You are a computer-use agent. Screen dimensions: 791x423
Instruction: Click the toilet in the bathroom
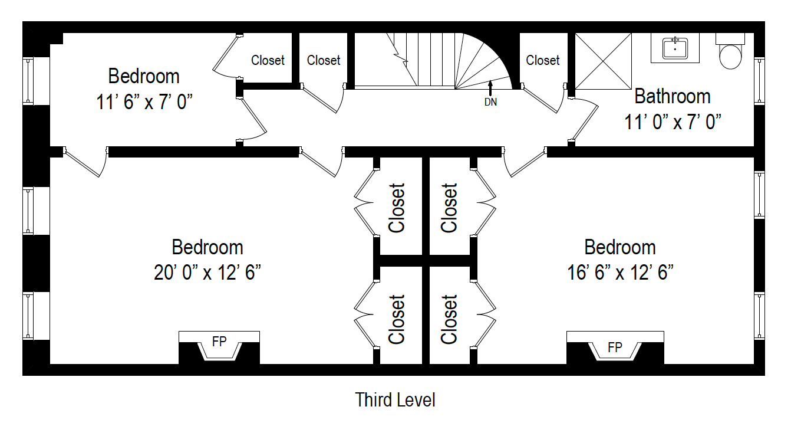730,55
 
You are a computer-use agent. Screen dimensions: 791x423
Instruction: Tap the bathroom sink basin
675,48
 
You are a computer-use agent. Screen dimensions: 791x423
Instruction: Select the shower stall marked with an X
603,61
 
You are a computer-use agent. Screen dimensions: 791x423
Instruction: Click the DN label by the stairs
490,102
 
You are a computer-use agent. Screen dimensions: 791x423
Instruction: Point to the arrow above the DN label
490,87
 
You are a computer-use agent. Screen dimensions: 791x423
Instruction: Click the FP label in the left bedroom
219,342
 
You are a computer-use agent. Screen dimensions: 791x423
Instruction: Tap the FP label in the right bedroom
615,347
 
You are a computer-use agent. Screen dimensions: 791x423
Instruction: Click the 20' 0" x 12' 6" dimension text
207,273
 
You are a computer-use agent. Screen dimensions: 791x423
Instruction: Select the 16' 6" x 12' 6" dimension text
620,273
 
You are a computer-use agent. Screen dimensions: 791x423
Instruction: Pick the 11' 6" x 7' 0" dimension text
144,103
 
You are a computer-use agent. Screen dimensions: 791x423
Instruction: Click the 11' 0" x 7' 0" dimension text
673,122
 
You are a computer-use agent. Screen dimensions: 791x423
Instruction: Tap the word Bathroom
673,96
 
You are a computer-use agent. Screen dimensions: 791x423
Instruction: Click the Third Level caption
395,400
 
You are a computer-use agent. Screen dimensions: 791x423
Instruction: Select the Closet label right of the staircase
543,60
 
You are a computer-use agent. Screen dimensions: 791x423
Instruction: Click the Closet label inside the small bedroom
268,60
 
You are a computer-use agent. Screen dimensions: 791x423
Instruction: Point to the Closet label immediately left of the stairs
324,60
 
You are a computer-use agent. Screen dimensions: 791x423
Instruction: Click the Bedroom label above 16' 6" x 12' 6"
620,247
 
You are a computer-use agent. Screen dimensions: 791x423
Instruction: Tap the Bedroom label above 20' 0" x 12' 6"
207,247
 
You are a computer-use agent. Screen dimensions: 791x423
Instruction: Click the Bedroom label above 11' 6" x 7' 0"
144,76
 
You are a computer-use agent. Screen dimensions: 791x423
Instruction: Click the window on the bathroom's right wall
759,81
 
